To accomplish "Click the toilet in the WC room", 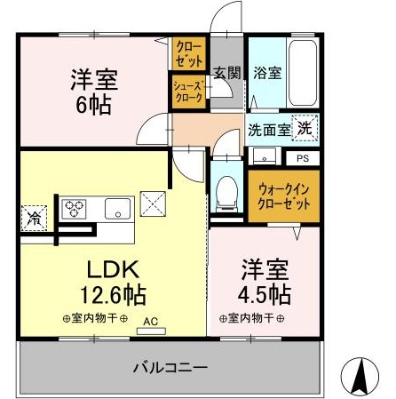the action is coord(226,195).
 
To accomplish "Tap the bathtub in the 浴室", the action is coord(303,73).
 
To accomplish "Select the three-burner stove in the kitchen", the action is coord(74,209).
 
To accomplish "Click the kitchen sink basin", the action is coord(117,209).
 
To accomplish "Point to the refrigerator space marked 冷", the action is coord(34,218).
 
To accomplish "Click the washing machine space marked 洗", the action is coord(305,128).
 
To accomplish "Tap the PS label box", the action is coord(303,158).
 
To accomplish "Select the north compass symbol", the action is coord(360,374).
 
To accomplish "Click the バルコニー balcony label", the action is coord(170,368).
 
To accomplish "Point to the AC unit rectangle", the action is coord(151,331).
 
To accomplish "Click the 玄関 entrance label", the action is coord(227,72).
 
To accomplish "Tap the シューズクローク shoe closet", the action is coord(188,92).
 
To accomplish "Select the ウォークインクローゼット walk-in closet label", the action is coord(284,196).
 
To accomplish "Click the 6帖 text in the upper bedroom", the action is coord(94,106).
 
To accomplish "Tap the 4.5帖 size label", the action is coord(265,295).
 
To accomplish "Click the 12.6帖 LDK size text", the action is coord(113,295).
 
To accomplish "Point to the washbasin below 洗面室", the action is coord(265,156).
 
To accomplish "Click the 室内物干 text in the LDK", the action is coord(95,319).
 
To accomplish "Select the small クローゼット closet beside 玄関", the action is coord(188,53).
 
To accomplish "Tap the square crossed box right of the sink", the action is coord(153,203).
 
